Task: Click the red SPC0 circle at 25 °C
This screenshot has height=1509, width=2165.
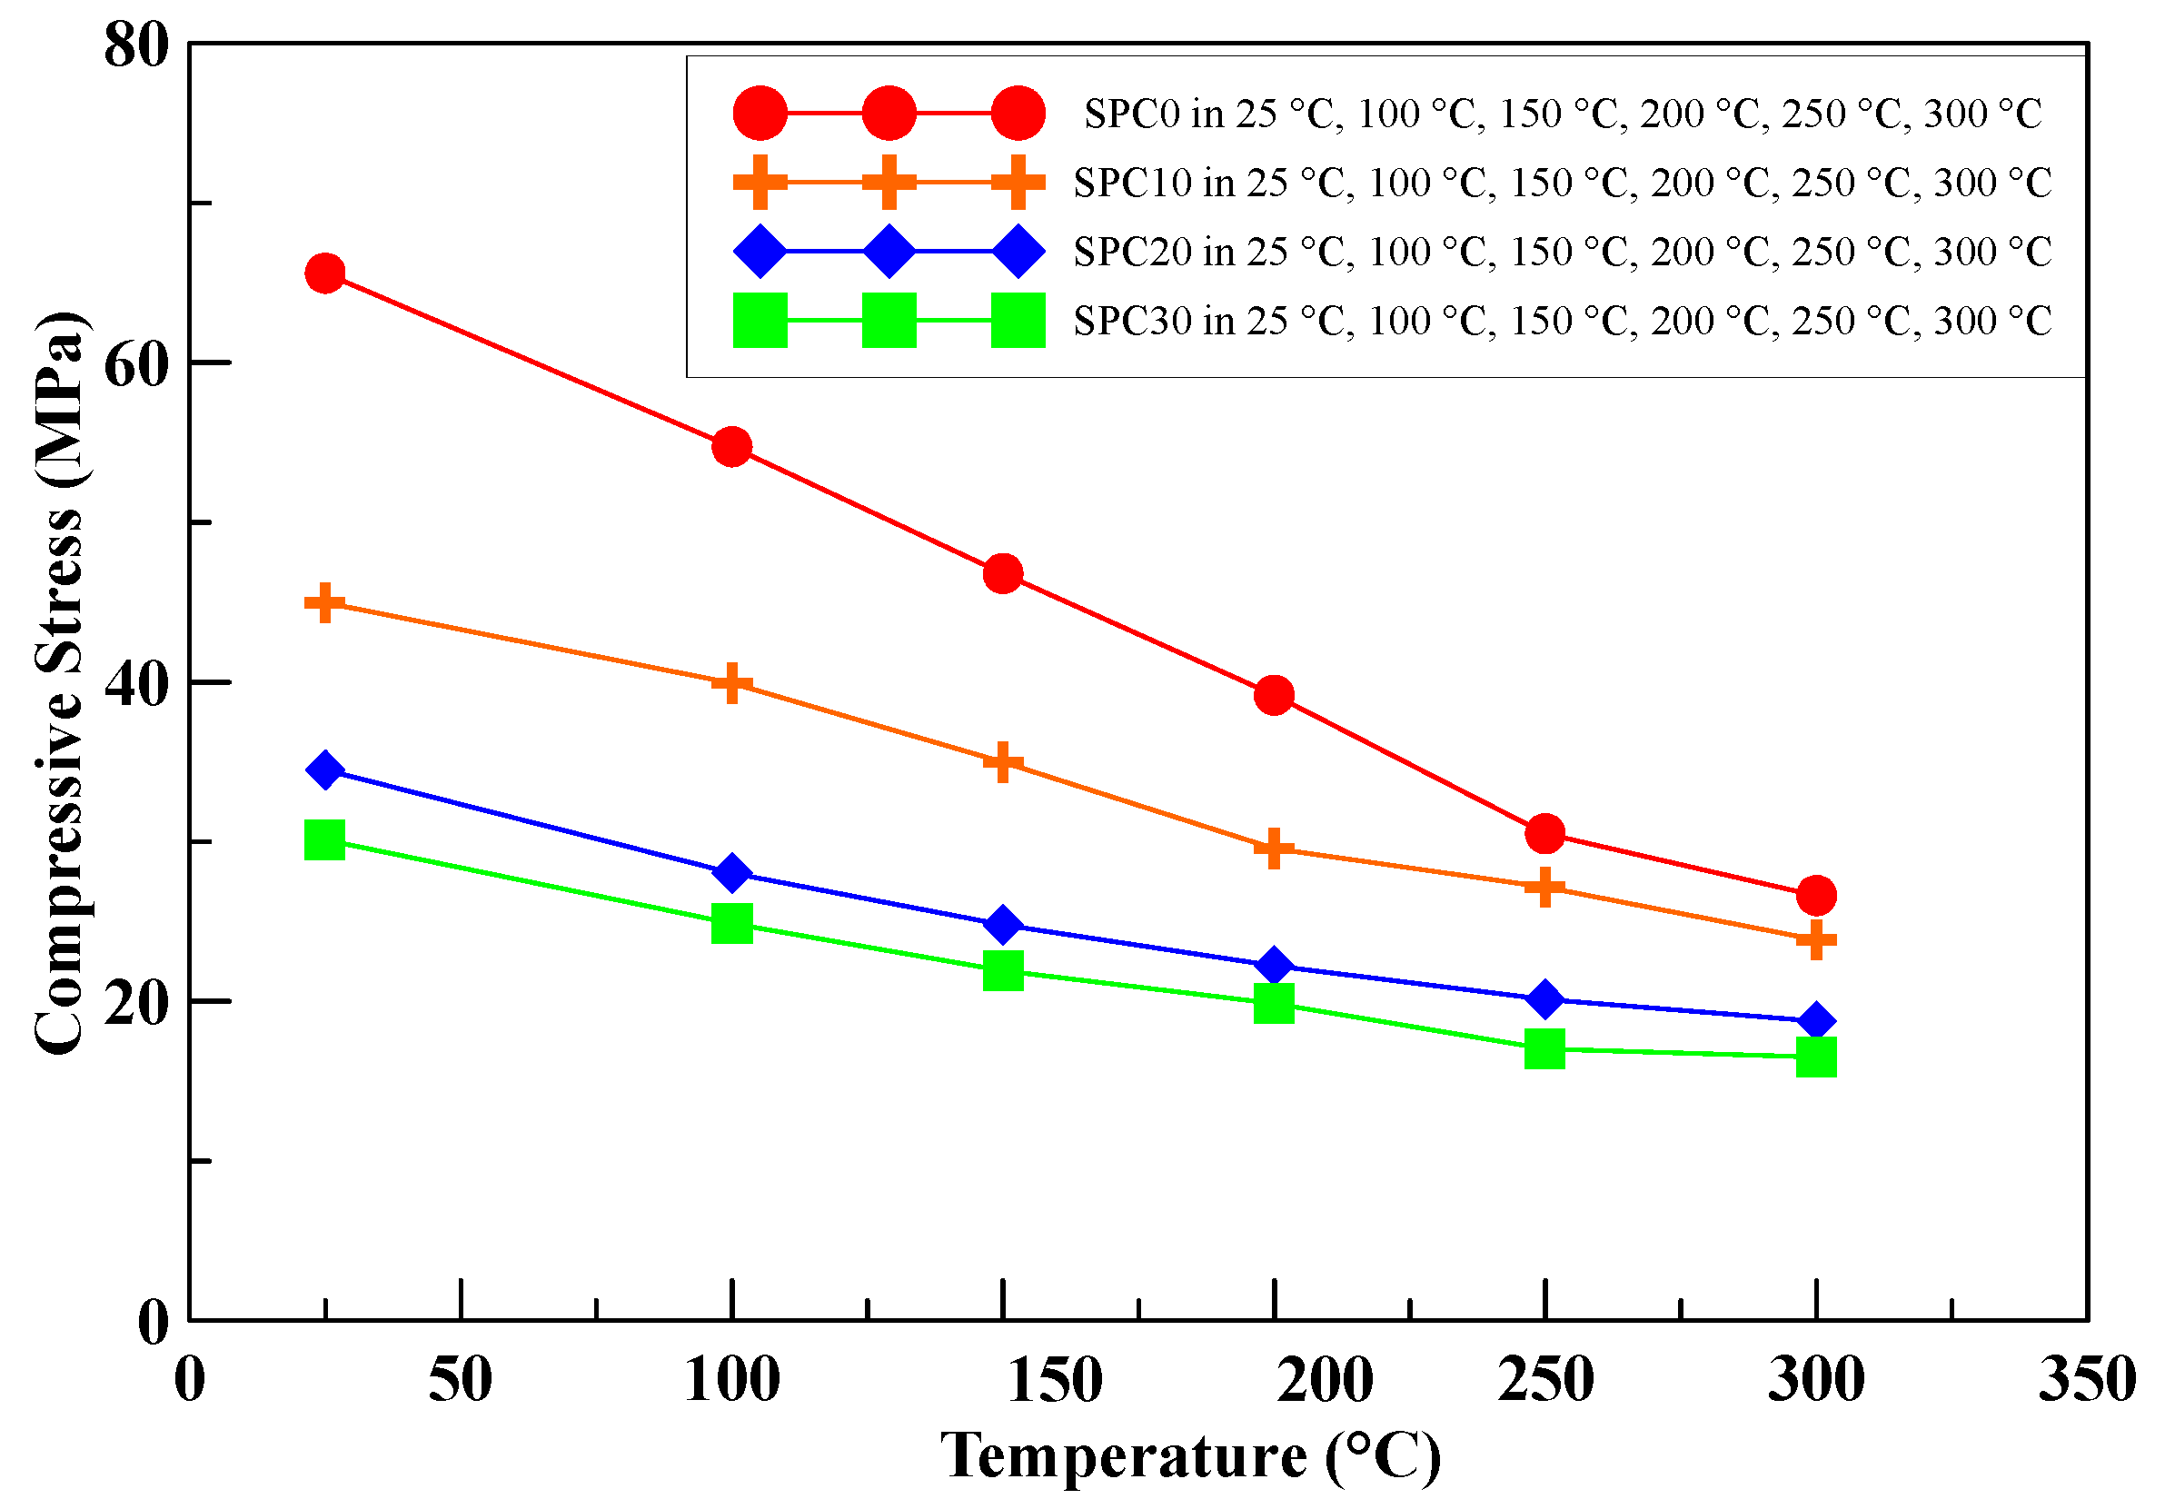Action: (x=324, y=273)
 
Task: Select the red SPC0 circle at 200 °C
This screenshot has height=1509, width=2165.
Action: (x=1274, y=695)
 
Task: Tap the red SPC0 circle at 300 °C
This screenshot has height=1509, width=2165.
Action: (x=1816, y=895)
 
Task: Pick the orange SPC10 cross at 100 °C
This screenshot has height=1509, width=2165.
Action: (x=731, y=683)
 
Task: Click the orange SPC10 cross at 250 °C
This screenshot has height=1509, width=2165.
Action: (x=1544, y=888)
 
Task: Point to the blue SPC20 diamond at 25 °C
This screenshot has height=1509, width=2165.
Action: (x=324, y=770)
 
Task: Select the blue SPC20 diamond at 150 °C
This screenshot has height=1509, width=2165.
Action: (x=1002, y=925)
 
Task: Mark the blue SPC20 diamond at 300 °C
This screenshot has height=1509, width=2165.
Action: (x=1816, y=1021)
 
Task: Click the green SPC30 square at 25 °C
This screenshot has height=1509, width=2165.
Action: (x=324, y=839)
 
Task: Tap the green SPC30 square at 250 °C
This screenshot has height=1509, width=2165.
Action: (x=1544, y=1048)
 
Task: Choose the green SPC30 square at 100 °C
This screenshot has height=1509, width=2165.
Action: (x=731, y=923)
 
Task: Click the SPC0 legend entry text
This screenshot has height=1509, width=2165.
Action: (x=1563, y=114)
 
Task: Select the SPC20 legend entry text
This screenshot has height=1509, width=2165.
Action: (x=1563, y=252)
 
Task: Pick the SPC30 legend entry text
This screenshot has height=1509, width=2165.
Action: (x=1563, y=322)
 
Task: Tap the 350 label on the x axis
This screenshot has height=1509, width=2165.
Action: (x=2087, y=1380)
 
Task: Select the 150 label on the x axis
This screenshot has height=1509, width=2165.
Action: (x=1054, y=1380)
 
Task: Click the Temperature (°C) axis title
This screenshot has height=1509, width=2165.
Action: (x=1190, y=1456)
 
